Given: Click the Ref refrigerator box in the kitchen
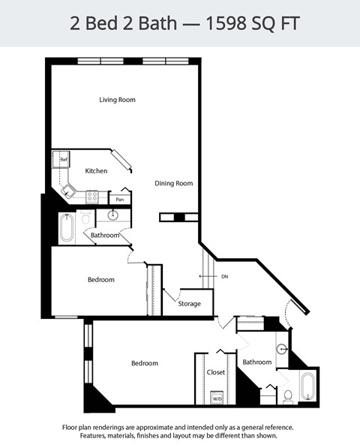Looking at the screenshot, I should coord(64,160).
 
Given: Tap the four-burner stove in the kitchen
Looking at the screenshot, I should coord(93,197).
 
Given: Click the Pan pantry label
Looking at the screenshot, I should coord(119,200).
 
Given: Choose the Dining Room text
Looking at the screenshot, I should coord(174,183).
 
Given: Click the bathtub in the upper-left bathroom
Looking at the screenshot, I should coord(67,227).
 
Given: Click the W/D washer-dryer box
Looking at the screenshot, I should coord(217,398).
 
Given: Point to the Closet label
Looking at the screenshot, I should coord(216,372).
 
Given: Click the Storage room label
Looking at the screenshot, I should coord(189,304).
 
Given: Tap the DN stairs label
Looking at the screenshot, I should coord(224,277).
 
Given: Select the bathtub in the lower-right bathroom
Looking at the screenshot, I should coord(308,386).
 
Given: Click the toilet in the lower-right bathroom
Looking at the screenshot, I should coord(287,395).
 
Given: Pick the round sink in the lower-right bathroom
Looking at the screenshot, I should coord(282,349).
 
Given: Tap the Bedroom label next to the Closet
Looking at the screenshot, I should coord(145,363).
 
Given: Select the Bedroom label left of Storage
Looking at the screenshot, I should coord(100,280).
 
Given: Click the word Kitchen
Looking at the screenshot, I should coord(96,171).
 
